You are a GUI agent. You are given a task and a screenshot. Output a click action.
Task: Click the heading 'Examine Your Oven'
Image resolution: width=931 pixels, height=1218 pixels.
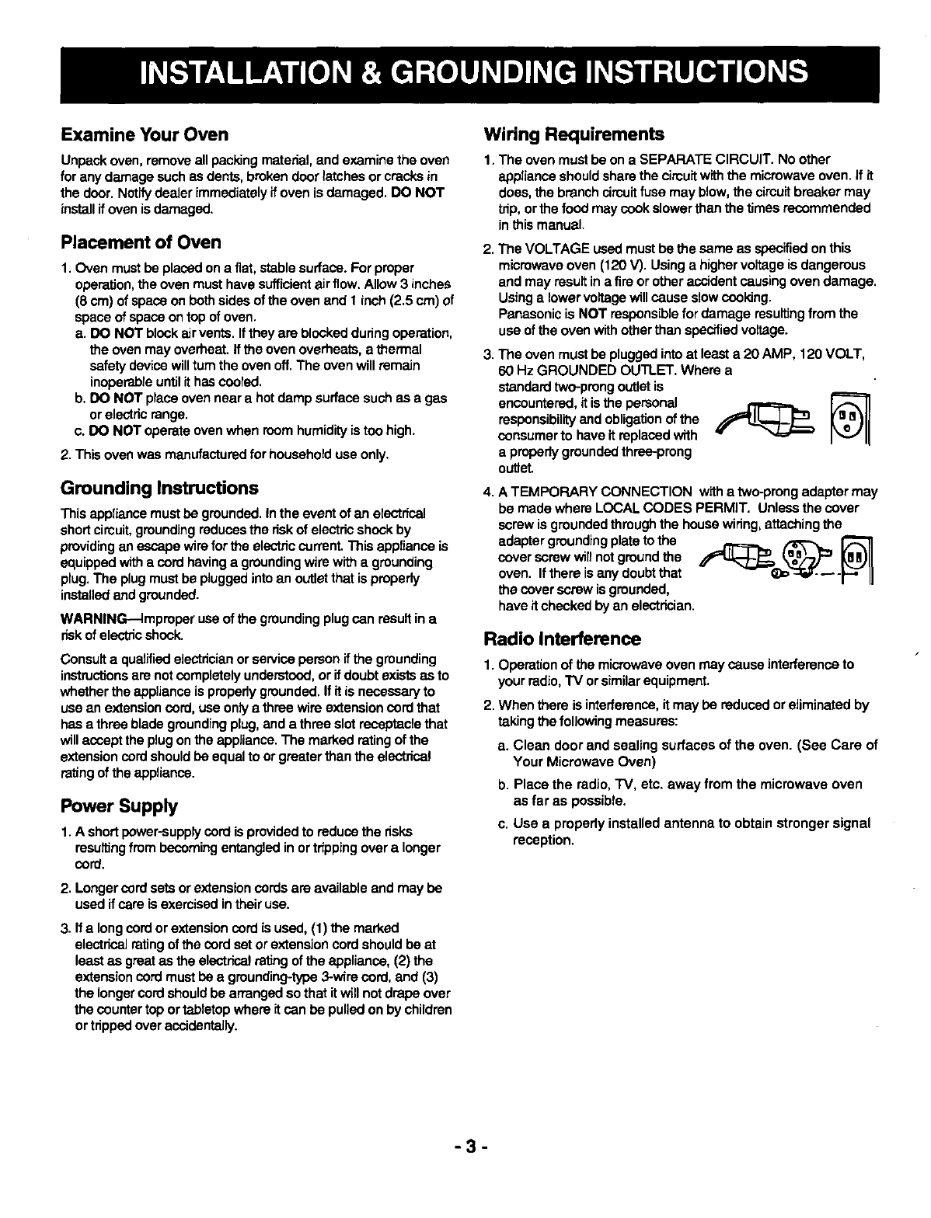coord(145,134)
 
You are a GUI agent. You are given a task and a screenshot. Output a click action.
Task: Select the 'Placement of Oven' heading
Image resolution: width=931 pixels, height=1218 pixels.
coord(141,242)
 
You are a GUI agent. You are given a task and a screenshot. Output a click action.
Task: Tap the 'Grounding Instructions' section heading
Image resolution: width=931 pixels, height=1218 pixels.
coord(159,489)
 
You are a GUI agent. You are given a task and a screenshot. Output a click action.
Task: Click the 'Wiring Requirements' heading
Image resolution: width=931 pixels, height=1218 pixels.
coord(574,134)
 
